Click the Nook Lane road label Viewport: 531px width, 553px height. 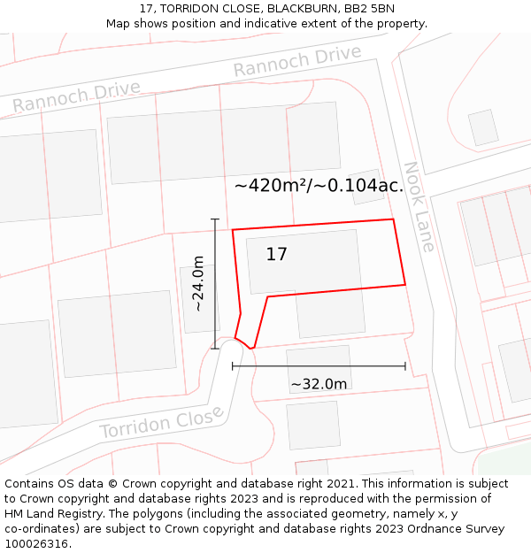pyautogui.click(x=419, y=206)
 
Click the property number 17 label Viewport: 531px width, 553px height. pyautogui.click(x=276, y=255)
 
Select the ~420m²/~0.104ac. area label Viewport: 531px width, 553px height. pyautogui.click(x=319, y=186)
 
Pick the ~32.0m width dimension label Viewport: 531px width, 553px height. pyautogui.click(x=319, y=384)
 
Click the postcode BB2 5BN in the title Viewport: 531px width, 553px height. pyautogui.click(x=371, y=9)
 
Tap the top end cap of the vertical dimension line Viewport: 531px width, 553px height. pyautogui.click(x=215, y=219)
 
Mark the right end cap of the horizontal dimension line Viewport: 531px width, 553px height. pyautogui.click(x=405, y=365)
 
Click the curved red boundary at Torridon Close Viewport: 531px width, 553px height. pyautogui.click(x=243, y=341)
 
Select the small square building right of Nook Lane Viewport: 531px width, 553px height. pyautogui.click(x=483, y=127)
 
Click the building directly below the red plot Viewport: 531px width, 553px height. pyautogui.click(x=330, y=314)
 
